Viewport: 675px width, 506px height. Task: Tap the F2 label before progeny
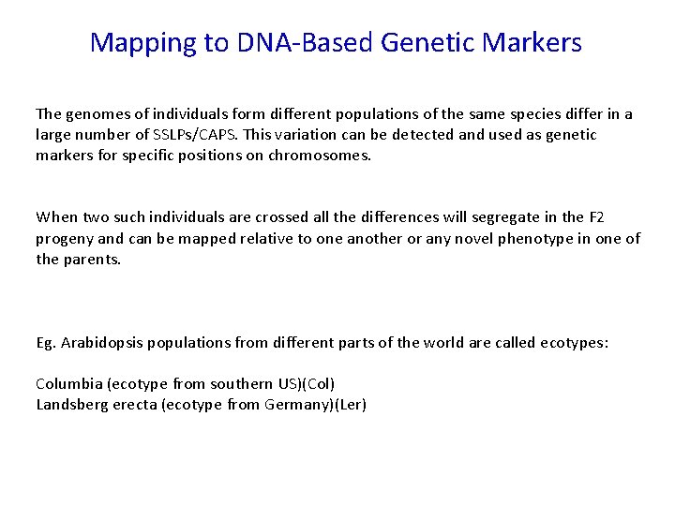(595, 218)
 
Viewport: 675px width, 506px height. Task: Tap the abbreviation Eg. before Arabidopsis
(46, 343)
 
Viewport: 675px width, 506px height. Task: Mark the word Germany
(297, 405)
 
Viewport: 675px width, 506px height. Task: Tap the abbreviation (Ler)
(349, 405)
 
